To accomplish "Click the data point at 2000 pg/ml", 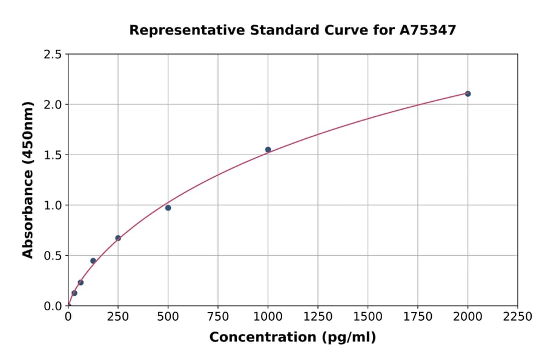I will (467, 94).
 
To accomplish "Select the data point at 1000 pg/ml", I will (268, 150).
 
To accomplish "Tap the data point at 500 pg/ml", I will (168, 208).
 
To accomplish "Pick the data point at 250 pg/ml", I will (118, 238).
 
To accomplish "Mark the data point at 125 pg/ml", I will (93, 261).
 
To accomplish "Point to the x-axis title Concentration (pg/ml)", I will (292, 338).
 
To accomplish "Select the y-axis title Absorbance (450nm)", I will (28, 180).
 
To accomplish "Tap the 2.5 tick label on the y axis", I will (52, 55).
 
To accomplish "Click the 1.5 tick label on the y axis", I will (52, 155).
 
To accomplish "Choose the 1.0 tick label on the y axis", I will (52, 205).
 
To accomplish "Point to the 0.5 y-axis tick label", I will (52, 256).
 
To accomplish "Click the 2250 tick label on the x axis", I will (518, 317).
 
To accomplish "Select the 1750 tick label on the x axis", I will (418, 317).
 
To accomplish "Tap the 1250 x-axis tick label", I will (318, 317).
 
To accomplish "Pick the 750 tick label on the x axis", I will (218, 317).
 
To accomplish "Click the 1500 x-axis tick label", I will (368, 317).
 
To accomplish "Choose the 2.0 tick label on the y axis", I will (52, 105).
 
